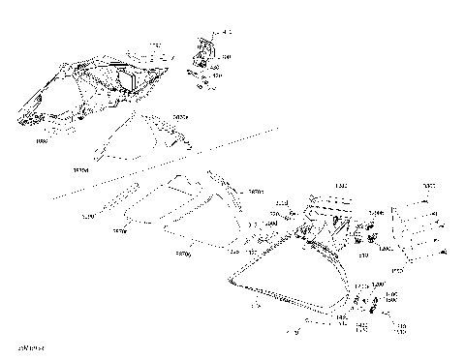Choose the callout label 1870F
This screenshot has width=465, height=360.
[x=120, y=232]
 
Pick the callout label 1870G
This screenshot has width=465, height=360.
[x=182, y=255]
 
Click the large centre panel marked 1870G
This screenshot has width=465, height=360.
[x=179, y=208]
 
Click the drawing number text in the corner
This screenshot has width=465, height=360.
[x=31, y=344]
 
